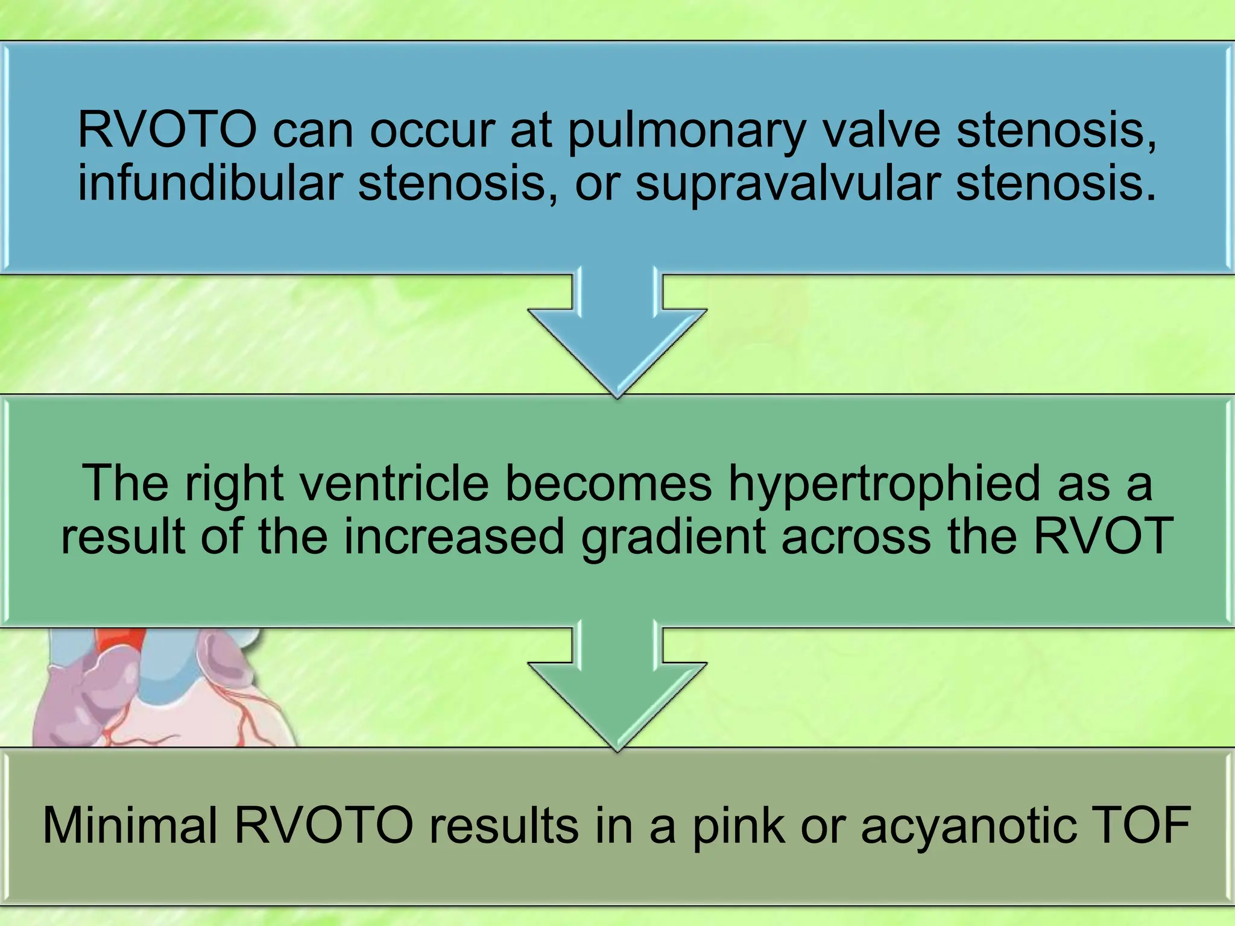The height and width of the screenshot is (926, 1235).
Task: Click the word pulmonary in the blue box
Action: (x=687, y=131)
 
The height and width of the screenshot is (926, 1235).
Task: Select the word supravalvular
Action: (x=788, y=183)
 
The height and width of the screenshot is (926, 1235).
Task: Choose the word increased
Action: (x=454, y=536)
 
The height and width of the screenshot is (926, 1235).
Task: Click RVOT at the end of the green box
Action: (x=1103, y=536)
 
